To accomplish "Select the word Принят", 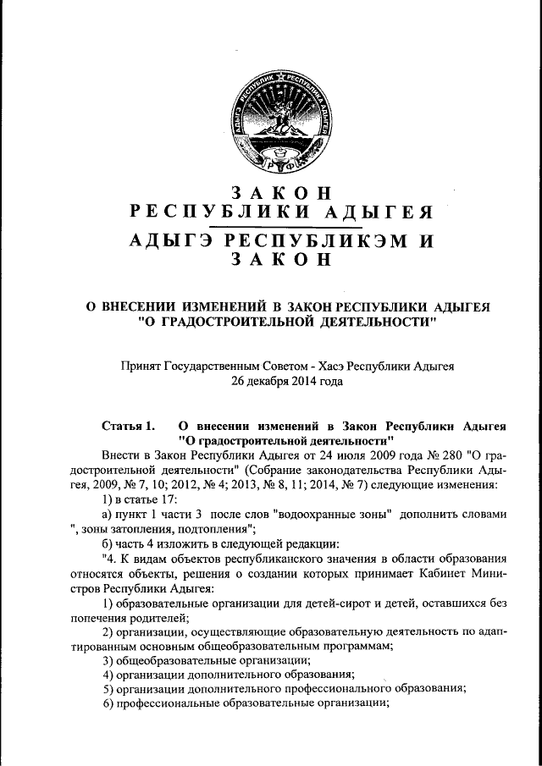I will click(144, 366).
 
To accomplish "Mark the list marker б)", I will click(107, 546).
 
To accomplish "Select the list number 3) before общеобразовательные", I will click(108, 659).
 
